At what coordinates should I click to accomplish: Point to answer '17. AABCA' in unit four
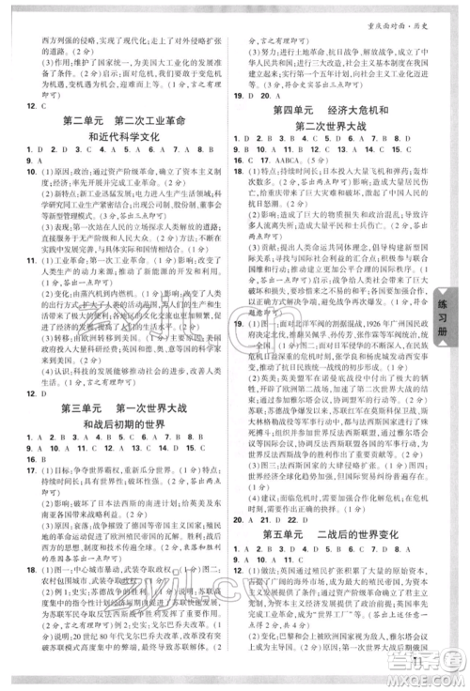click(282, 160)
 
